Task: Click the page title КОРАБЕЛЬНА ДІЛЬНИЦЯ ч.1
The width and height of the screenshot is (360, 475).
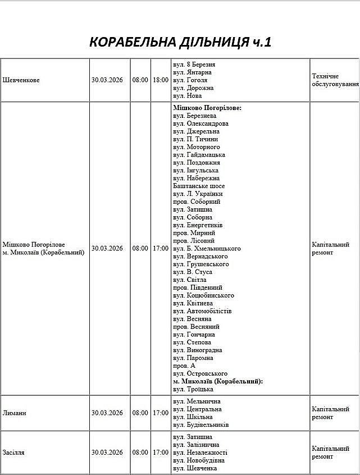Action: coord(180,43)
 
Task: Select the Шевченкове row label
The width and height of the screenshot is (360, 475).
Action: coord(21,80)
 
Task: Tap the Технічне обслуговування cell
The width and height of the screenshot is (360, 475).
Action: coord(335,80)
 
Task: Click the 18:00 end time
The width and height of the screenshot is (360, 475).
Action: coord(160,80)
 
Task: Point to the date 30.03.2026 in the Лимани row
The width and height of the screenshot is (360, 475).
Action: coord(107,413)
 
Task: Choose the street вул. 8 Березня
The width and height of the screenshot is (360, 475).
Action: coord(194,65)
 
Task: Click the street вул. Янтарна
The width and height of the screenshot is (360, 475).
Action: coord(193,72)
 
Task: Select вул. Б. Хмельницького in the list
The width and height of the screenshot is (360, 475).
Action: coord(207,248)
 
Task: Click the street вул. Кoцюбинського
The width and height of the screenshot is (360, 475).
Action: coord(203,295)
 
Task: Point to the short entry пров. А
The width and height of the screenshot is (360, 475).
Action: coord(184,366)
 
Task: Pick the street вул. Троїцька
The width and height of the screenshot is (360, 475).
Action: coord(193,389)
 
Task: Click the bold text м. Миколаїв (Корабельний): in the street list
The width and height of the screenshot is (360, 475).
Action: coord(218,381)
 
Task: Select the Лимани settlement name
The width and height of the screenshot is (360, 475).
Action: coord(15,413)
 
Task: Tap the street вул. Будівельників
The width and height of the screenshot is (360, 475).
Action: coord(200,425)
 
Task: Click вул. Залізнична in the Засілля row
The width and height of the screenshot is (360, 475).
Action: coord(196,445)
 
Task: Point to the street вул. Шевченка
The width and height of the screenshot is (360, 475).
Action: coord(195,468)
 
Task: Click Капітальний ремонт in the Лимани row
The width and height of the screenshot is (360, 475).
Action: coord(330,413)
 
